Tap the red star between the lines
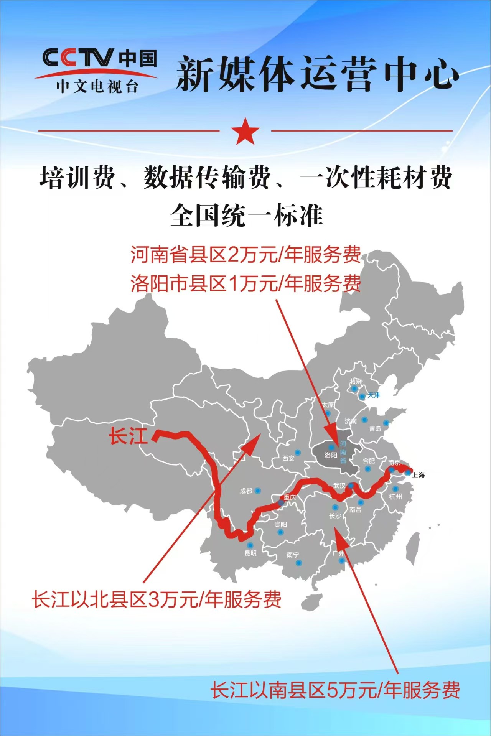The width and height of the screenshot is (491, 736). [245, 131]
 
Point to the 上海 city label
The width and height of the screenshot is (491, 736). [419, 475]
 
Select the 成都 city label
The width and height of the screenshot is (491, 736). [246, 491]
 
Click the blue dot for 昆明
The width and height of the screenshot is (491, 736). [250, 545]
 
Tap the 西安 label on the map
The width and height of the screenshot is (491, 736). [288, 458]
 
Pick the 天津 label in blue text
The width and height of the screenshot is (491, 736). [374, 395]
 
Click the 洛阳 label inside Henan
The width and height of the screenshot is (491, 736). [330, 455]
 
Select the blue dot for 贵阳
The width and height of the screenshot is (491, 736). [280, 532]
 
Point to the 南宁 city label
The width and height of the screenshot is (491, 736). [292, 555]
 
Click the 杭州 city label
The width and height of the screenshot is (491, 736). [395, 497]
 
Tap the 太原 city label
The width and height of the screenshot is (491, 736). [328, 405]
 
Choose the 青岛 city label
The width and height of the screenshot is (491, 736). [375, 429]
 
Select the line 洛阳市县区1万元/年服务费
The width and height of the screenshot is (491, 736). [245, 284]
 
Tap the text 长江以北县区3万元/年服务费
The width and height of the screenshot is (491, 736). [157, 600]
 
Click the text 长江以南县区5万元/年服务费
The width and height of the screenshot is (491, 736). [335, 690]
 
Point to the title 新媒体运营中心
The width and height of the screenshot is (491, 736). [317, 74]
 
